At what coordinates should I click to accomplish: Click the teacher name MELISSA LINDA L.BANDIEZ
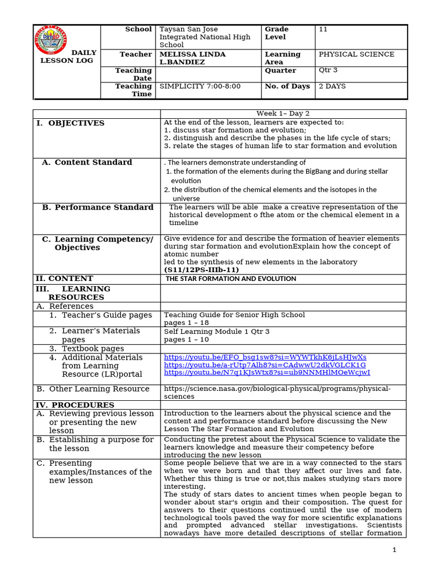pos(192,58)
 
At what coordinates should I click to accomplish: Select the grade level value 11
pos(323,30)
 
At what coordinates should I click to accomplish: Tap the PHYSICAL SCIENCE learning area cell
pos(357,54)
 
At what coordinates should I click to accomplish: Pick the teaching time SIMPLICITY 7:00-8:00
pos(200,86)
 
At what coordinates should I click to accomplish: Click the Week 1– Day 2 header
pos(283,113)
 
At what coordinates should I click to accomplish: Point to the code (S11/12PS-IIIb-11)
pos(201,270)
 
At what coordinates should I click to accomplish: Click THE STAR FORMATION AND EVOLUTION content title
pos(231,279)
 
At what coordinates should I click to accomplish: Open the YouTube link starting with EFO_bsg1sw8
pos(265,357)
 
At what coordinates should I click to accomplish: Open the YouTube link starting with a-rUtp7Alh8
pos(265,365)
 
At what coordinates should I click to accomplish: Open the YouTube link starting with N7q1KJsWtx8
pos(267,373)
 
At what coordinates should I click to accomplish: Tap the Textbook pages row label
pos(93,349)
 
